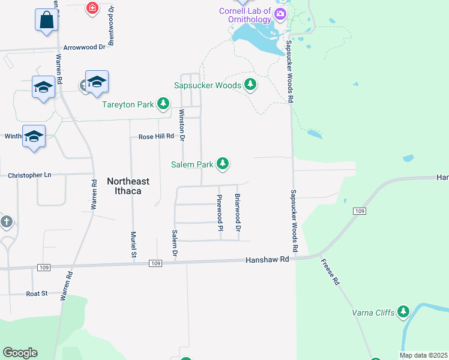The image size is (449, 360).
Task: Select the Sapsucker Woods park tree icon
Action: [250, 85]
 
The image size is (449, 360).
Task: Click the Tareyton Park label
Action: [128, 104]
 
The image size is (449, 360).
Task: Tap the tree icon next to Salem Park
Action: [223, 163]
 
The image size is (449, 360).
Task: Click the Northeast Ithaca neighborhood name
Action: [128, 187]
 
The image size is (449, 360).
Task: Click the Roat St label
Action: [37, 293]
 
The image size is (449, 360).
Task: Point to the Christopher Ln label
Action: [29, 175]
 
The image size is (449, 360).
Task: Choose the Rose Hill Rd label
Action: [155, 137]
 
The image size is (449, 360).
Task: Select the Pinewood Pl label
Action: [220, 212]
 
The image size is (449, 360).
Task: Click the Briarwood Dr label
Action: [238, 212]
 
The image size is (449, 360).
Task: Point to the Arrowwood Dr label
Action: [85, 46]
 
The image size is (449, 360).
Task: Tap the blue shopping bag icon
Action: [47, 20]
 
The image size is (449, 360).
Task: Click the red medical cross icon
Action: [92, 8]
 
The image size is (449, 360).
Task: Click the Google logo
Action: [20, 353]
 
